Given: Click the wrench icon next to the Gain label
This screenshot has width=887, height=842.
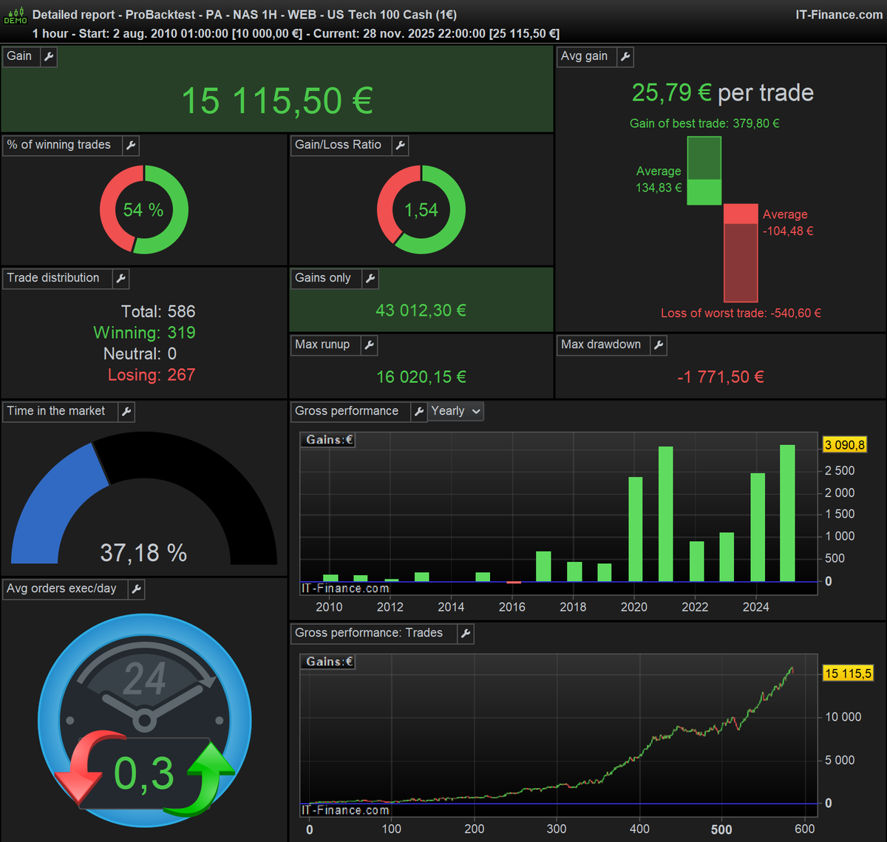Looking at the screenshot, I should (49, 57).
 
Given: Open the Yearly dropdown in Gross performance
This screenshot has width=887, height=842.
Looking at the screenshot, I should (456, 411).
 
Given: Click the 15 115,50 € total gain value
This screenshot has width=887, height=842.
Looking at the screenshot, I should (277, 101).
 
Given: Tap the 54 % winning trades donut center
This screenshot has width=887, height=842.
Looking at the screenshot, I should (143, 210).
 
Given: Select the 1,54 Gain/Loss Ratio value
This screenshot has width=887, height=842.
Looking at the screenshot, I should (421, 210).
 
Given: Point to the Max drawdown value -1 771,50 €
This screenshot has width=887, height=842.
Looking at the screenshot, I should (720, 377).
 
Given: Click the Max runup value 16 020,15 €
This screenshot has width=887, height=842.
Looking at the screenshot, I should (421, 377).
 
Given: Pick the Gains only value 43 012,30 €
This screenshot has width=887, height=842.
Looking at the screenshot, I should (421, 310).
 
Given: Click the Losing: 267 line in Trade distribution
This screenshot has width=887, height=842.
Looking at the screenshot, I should (151, 375).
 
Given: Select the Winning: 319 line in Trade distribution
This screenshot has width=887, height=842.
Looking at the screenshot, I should (144, 333).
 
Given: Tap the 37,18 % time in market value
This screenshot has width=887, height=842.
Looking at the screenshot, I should (143, 552).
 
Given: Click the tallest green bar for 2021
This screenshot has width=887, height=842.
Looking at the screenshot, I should (665, 514).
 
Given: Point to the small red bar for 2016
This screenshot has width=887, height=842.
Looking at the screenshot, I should (514, 583).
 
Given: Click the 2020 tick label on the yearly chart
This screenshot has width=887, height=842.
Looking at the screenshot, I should (633, 607).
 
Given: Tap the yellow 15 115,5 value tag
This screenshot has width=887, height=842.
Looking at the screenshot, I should (848, 673).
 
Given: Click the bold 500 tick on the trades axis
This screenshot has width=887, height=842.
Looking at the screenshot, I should (721, 829).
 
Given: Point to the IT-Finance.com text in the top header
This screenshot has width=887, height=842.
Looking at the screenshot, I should (838, 15).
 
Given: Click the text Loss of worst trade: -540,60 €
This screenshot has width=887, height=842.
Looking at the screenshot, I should (741, 313).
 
